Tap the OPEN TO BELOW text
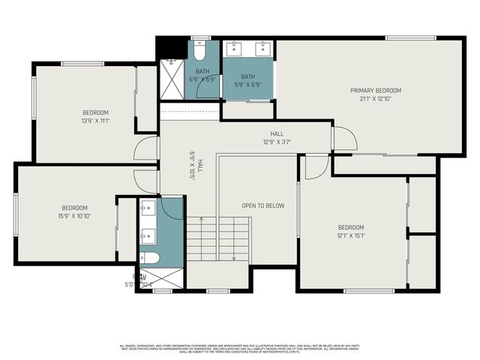click(x=262, y=205)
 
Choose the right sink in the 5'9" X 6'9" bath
click(x=262, y=50)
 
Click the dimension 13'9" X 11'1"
click(x=96, y=120)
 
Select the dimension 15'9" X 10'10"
click(x=75, y=215)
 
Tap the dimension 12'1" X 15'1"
click(x=350, y=235)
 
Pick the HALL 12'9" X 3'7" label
click(x=276, y=137)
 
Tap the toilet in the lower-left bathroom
click(x=149, y=258)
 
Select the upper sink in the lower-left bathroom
click(x=148, y=208)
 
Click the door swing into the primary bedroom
click(x=343, y=138)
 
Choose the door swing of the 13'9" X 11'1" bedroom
click(x=147, y=148)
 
